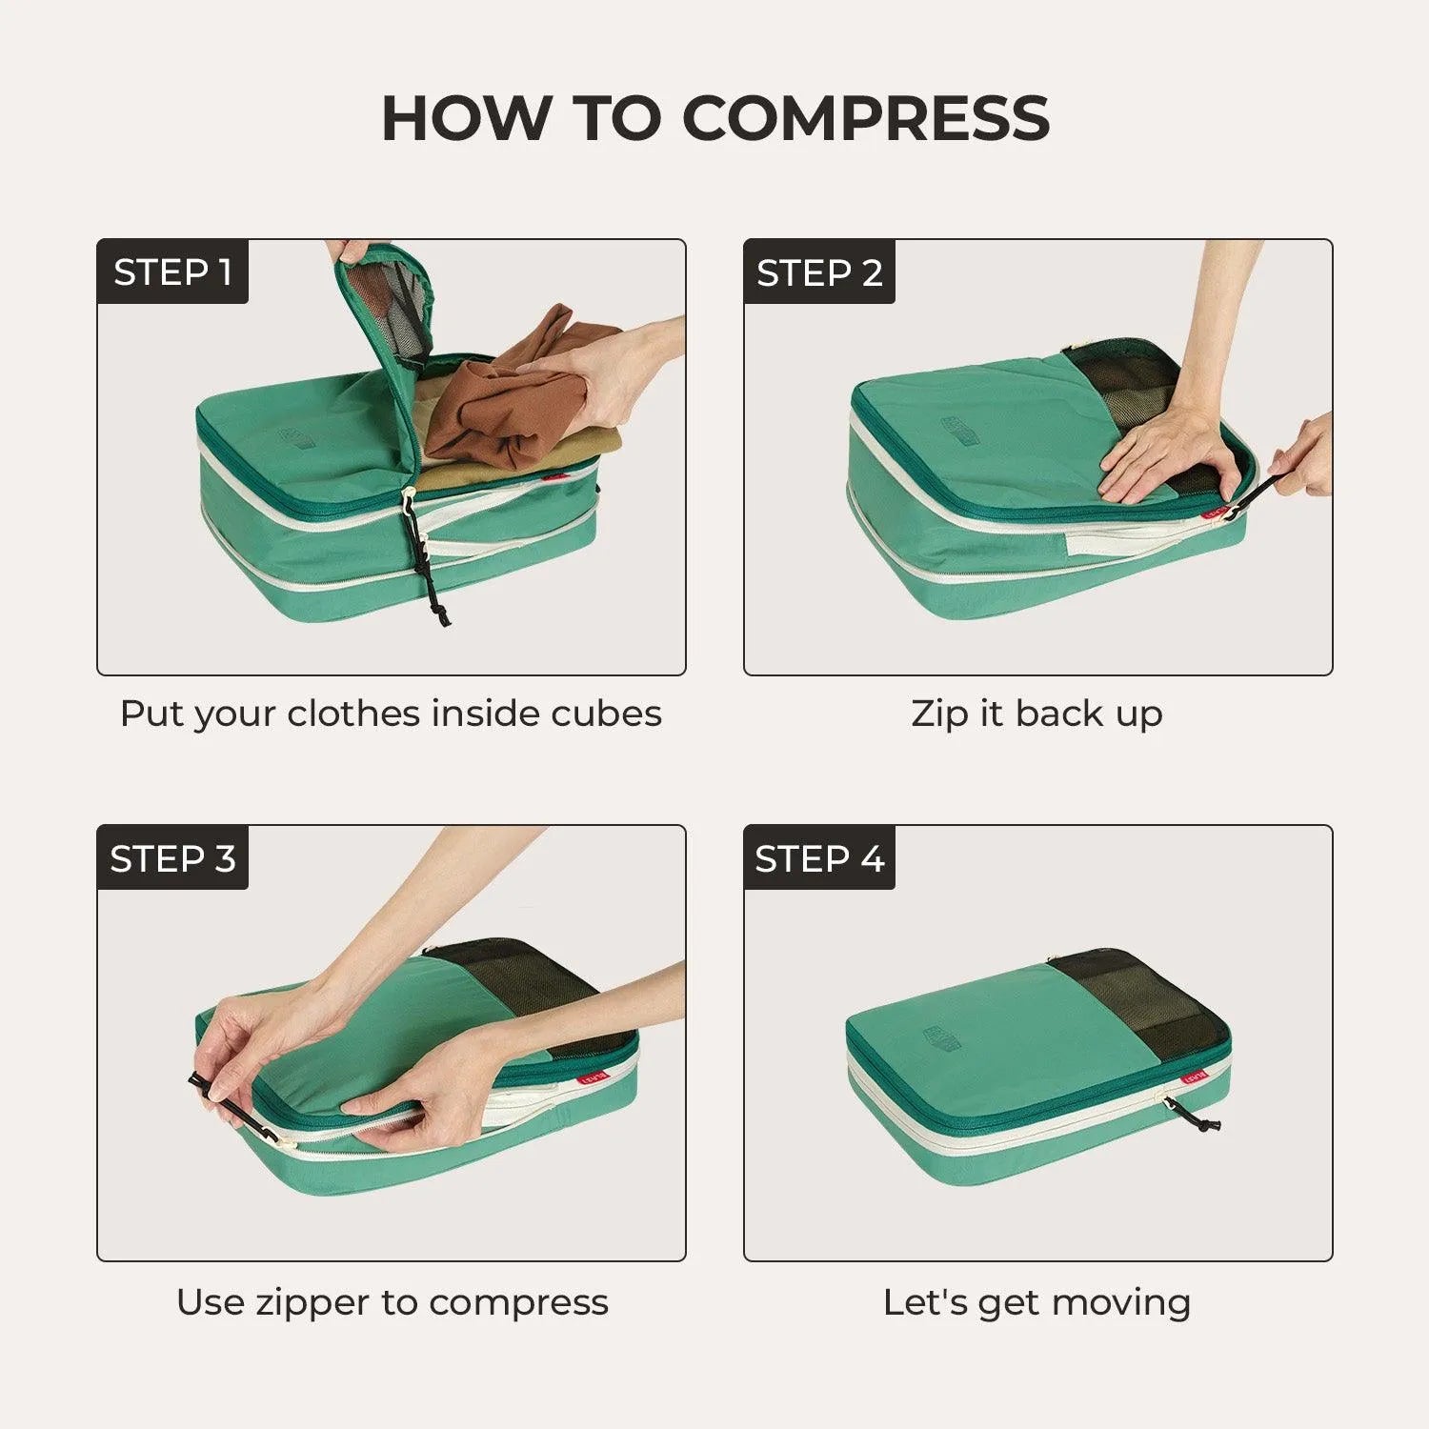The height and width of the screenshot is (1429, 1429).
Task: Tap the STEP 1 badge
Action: pos(172,272)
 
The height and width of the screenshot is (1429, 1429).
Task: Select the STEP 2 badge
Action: pos(819,272)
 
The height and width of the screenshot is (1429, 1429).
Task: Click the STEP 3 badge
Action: pos(172,858)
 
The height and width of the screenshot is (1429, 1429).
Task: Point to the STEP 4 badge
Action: pos(819,858)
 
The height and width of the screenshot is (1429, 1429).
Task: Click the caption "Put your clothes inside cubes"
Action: pos(391,714)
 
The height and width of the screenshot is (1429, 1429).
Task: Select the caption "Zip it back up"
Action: pos(1037,714)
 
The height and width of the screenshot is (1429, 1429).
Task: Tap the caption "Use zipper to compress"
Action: pos(392,1301)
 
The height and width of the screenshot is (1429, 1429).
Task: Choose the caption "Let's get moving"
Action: pos(1037,1301)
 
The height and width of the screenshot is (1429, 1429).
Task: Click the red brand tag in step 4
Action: pos(1194,1078)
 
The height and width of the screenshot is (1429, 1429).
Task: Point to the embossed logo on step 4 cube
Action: pos(943,1038)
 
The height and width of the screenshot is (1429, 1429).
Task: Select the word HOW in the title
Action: pos(466,119)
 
